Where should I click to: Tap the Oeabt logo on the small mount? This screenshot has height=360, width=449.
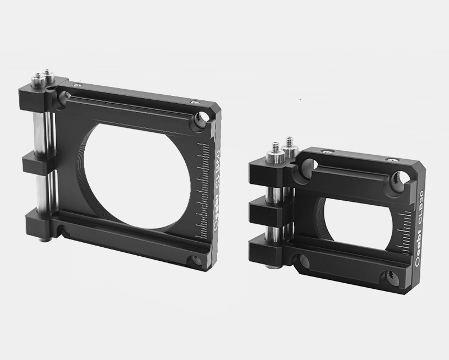click(421, 259)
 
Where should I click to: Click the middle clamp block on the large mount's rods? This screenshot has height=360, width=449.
click(37, 163)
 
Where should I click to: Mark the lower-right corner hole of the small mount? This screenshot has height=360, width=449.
click(389, 276)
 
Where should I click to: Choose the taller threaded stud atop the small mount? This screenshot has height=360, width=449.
click(289, 142)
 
